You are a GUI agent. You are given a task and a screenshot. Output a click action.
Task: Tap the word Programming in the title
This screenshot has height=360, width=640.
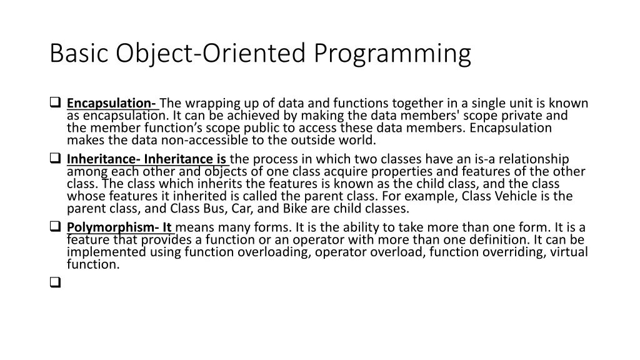[392, 54]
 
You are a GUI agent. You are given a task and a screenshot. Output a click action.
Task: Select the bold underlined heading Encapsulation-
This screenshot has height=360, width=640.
[112, 103]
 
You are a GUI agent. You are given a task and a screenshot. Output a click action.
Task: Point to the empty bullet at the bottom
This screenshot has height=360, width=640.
[54, 282]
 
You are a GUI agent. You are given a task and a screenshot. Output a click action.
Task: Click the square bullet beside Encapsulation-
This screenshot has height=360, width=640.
[54, 102]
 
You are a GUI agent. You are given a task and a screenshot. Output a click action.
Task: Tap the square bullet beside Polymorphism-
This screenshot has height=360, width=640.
[54, 227]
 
